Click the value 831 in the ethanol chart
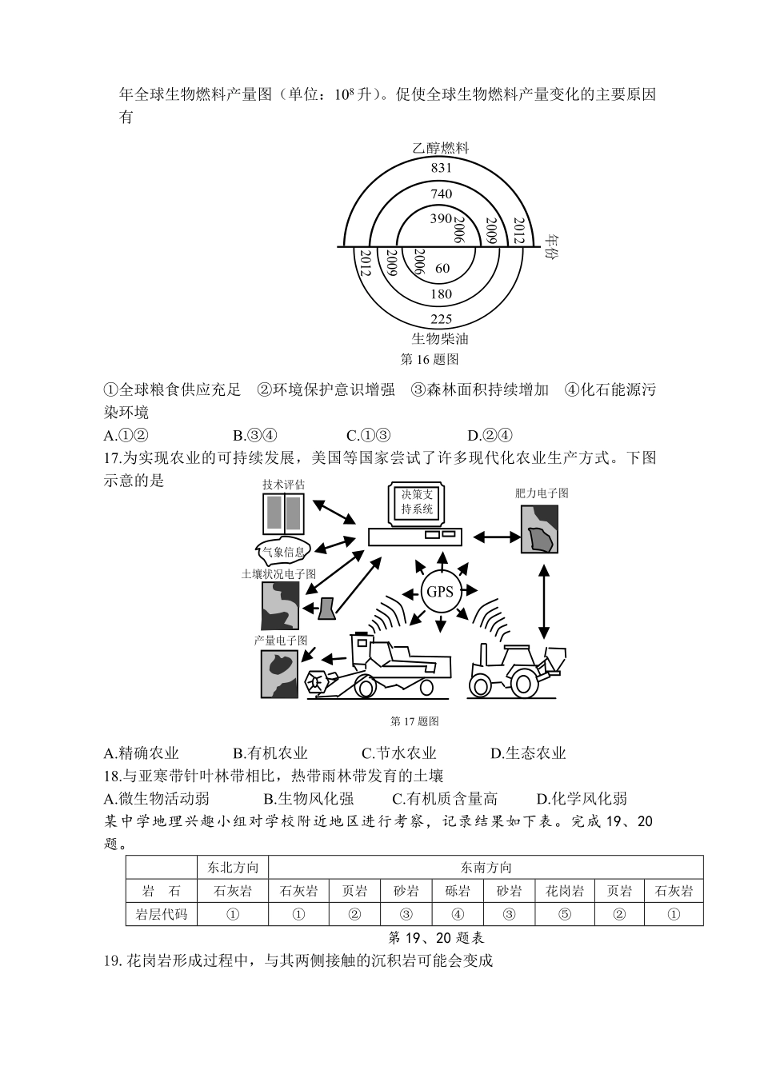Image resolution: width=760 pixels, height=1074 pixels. coord(441,168)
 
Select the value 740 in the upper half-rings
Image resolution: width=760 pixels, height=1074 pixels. coord(441,194)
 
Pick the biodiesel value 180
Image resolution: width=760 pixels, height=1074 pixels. coord(442,294)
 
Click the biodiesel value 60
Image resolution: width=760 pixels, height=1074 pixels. coord(442,269)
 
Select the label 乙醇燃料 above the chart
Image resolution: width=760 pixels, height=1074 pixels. coord(440,148)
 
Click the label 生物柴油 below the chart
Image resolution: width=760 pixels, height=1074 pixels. coord(440,338)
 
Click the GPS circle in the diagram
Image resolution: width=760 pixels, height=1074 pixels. coord(440,593)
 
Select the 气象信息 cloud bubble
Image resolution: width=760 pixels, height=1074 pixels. coord(283,551)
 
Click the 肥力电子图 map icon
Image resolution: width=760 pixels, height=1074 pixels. coord(541,530)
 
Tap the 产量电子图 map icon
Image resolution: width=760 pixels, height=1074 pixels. coord(279,673)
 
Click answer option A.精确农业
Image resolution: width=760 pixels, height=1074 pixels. coord(142,753)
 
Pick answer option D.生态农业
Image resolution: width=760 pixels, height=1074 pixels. coord(528,753)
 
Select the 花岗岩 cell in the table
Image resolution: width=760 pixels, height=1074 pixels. coord(565,891)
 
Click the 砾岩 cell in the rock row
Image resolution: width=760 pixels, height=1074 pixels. coord(458,891)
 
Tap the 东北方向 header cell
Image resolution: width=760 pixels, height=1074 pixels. coord(233,868)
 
